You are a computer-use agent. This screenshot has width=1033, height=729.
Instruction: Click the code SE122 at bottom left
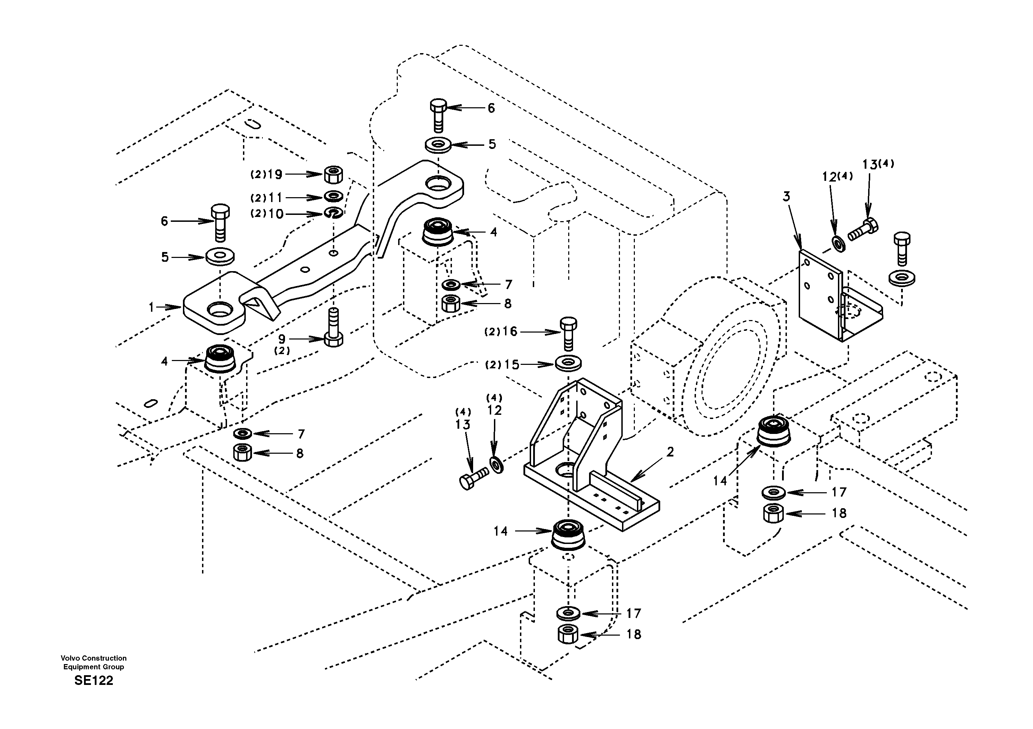(x=94, y=680)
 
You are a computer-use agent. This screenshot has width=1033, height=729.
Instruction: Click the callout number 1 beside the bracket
(x=152, y=307)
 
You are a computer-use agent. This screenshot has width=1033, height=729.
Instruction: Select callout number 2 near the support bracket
(x=670, y=452)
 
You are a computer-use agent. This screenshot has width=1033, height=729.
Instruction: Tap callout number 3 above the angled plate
(x=786, y=196)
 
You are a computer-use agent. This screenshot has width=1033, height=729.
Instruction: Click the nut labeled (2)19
(x=333, y=174)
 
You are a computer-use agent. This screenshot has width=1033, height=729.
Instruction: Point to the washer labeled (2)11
(x=333, y=196)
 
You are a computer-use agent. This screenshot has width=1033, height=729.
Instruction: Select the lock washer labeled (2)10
(x=334, y=213)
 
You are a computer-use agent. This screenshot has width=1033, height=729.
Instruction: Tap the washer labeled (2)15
(x=568, y=363)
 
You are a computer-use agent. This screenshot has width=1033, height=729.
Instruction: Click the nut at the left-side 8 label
(x=243, y=453)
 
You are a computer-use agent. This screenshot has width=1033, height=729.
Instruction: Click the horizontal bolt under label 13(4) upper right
(x=863, y=230)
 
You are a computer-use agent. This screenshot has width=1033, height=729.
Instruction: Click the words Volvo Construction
(x=94, y=658)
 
